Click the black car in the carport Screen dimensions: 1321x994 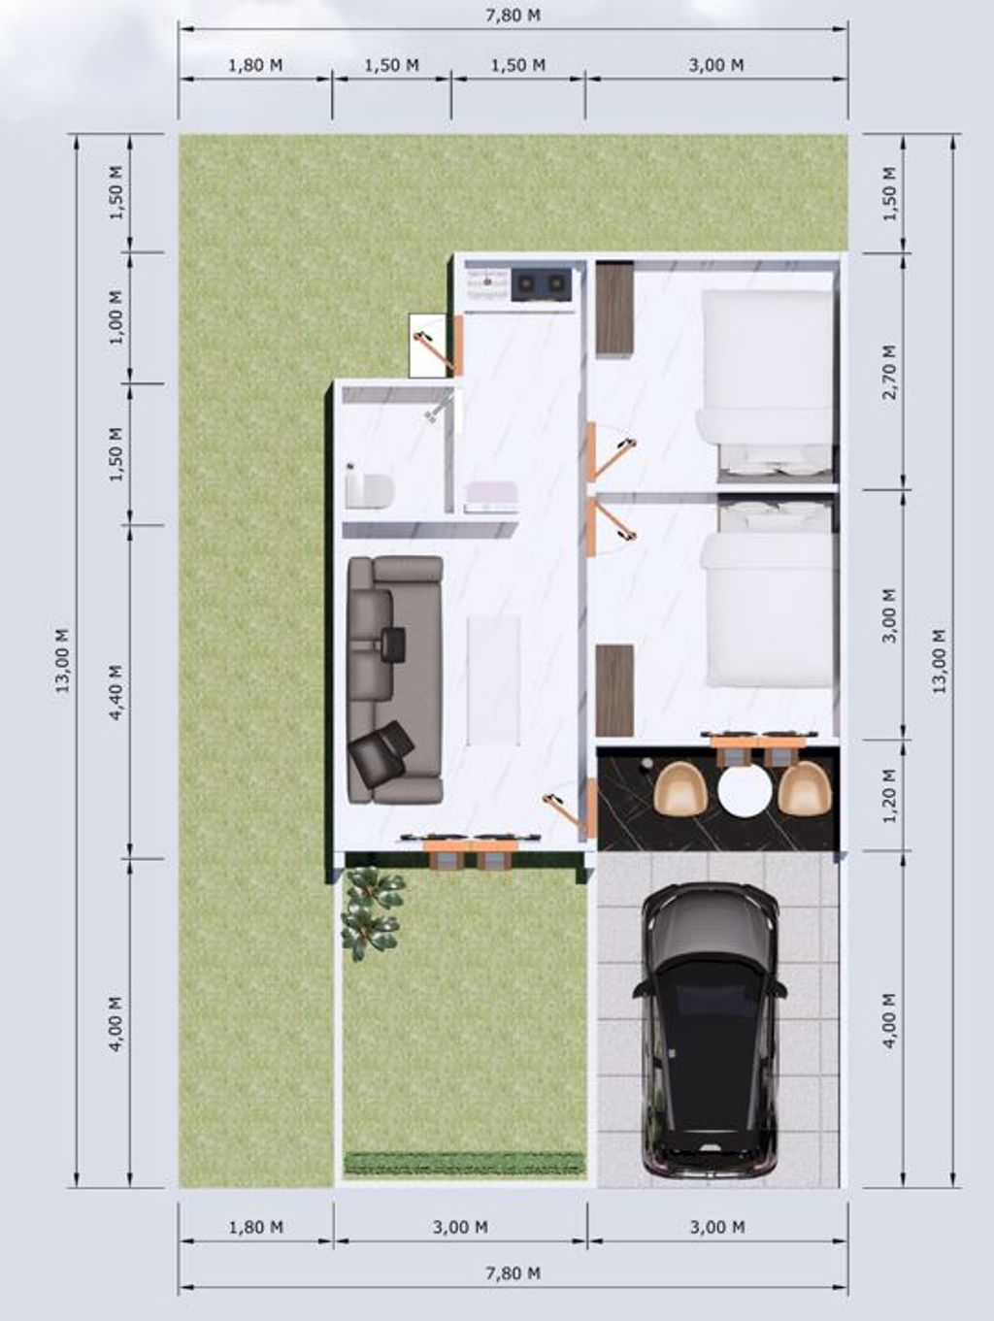710,1029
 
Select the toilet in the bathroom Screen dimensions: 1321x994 369,488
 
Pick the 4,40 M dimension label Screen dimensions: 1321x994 116,691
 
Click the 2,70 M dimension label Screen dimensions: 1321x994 889,371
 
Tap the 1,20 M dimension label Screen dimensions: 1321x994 889,794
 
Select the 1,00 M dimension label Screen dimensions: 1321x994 116,317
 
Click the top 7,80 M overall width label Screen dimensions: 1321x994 513,16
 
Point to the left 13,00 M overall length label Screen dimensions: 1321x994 63,660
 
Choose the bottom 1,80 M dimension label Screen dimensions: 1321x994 256,1228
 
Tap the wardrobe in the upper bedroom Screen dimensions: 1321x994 614,309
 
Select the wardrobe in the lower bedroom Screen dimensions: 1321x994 614,690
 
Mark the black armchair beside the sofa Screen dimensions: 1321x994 381,752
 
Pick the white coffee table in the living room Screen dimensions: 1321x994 493,679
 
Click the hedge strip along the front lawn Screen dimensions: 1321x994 464,1162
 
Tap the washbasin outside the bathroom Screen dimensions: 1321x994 491,496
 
